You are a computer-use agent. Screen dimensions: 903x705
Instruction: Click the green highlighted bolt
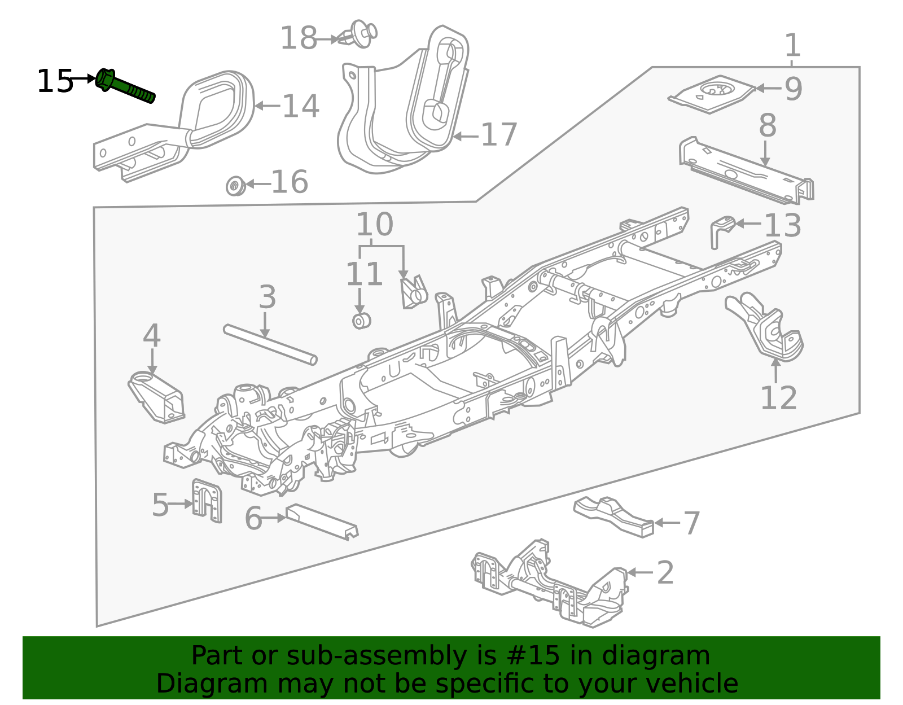[x=125, y=86]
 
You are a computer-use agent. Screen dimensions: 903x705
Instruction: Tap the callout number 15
[x=55, y=81]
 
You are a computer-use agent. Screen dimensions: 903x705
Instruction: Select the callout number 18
[x=299, y=38]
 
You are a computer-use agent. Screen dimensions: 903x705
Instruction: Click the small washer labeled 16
[x=235, y=186]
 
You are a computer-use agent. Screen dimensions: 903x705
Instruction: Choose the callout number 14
[x=301, y=106]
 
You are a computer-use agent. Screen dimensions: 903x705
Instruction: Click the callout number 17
[x=499, y=134]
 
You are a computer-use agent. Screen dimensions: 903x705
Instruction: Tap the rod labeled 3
[x=270, y=344]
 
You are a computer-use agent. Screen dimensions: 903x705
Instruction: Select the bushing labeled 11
[x=361, y=321]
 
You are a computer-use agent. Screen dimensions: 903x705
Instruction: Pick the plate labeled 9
[x=712, y=94]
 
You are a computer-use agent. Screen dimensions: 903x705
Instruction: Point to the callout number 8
[x=767, y=125]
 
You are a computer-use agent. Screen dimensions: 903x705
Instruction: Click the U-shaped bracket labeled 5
[x=207, y=500]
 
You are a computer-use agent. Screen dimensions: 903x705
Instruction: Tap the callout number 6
[x=253, y=519]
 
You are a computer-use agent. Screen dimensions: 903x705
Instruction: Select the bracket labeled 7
[x=613, y=516]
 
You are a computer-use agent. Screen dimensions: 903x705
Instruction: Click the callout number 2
[x=665, y=572]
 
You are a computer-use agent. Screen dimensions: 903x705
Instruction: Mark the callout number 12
[x=778, y=398]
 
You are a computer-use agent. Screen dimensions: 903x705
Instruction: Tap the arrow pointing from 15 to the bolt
[x=83, y=78]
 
